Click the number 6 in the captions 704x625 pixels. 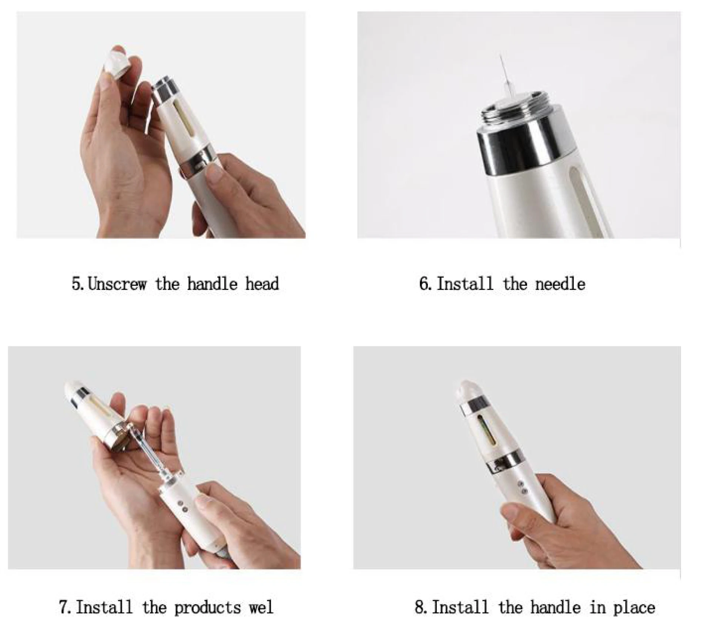point(423,284)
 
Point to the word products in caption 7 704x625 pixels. point(207,607)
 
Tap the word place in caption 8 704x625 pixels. point(634,607)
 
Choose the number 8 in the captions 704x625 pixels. point(419,607)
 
